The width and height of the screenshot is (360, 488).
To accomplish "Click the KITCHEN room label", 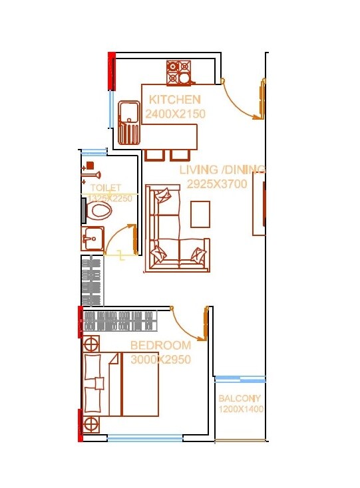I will [x=174, y=100].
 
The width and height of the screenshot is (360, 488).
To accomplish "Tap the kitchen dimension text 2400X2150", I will [x=176, y=114].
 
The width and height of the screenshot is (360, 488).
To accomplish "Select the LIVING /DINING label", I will [x=222, y=170].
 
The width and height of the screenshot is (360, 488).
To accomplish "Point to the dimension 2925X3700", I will [x=217, y=183].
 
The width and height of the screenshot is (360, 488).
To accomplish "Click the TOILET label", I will [x=106, y=188].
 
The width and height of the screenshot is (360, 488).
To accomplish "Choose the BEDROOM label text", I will [x=160, y=346].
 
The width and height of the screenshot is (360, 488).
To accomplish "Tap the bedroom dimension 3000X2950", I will [x=160, y=360].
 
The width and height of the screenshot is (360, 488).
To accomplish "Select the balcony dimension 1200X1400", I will [x=241, y=410].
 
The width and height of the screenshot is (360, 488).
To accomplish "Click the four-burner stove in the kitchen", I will [x=178, y=72].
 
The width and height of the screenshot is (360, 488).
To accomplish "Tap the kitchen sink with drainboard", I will [x=129, y=123].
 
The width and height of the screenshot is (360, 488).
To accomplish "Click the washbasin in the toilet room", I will [x=92, y=237].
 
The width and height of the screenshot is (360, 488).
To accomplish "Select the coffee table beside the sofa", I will [x=200, y=214].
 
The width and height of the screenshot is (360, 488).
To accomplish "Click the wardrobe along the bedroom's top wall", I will [x=119, y=321].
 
